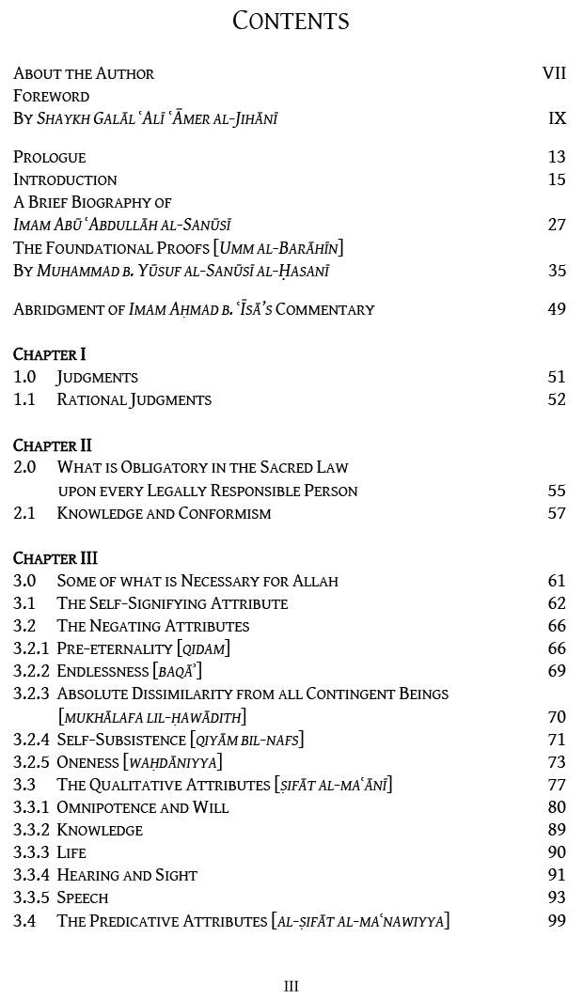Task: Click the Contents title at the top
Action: (291, 21)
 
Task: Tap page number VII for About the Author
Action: (554, 73)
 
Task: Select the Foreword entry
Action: (52, 96)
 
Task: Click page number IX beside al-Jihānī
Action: (557, 118)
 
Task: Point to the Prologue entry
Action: (50, 157)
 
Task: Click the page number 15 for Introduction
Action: (557, 180)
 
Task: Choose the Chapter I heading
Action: (50, 354)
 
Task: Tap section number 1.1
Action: (24, 399)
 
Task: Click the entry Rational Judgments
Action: (134, 399)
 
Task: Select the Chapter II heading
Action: (53, 445)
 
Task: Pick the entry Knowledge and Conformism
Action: (164, 513)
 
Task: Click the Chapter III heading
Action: (55, 558)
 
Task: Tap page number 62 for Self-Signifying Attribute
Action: (557, 603)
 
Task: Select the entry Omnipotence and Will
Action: (143, 807)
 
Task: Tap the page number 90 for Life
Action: (557, 852)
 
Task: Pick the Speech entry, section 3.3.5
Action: (83, 898)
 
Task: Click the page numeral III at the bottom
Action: (291, 986)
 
